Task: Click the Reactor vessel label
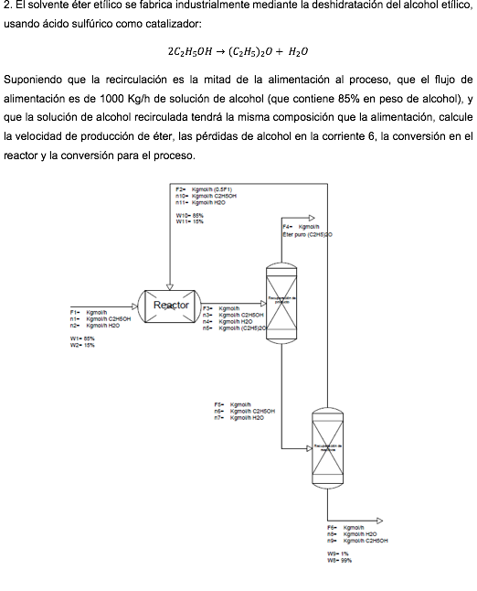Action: click(x=171, y=305)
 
